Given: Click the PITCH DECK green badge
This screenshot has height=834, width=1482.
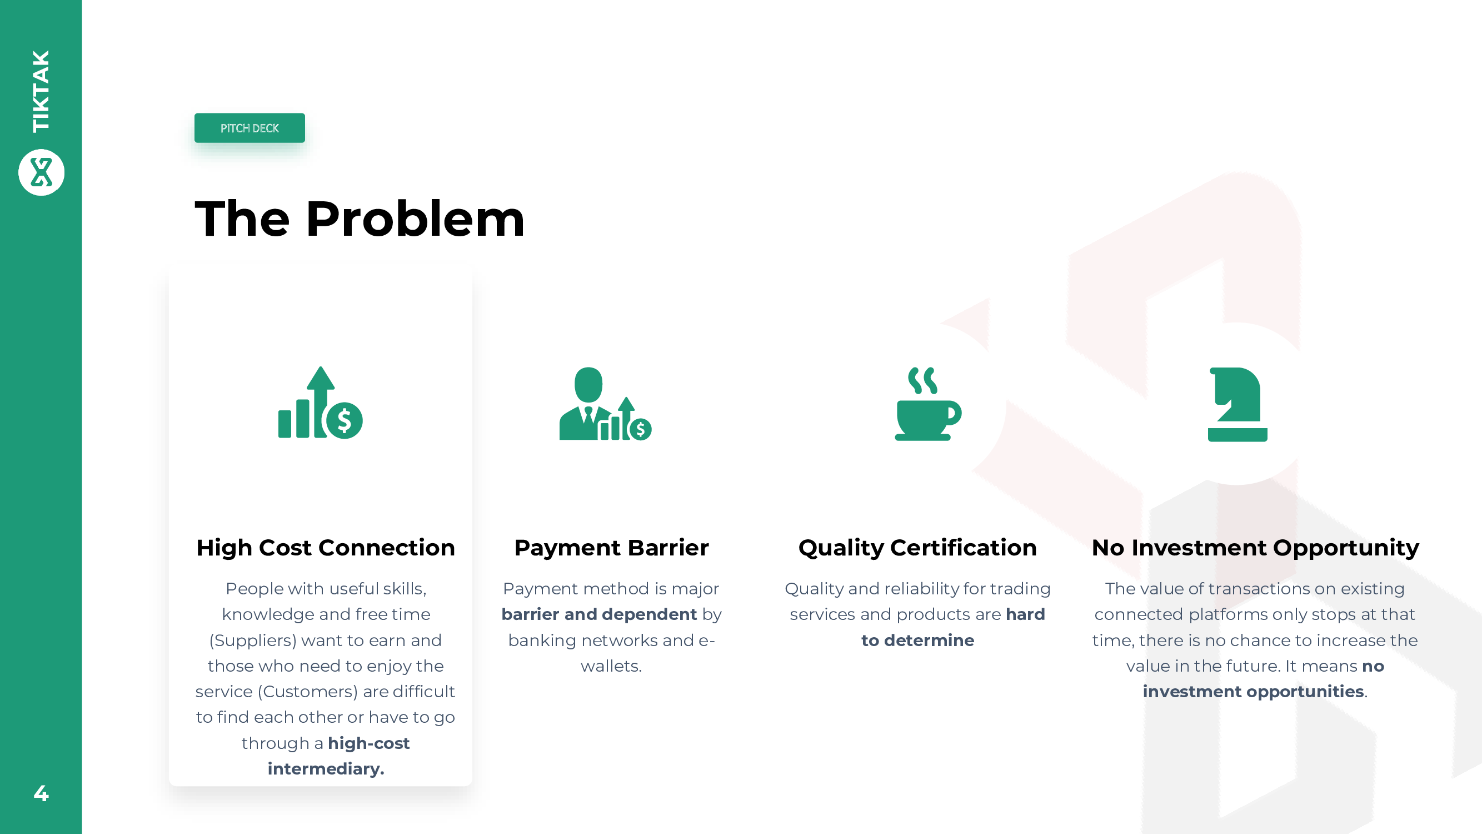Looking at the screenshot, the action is [250, 128].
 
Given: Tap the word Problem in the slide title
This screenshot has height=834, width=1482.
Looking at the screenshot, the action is [416, 219].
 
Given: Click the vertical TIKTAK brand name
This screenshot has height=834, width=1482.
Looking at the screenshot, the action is [42, 91].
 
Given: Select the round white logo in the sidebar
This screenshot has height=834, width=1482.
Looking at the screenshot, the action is [42, 172].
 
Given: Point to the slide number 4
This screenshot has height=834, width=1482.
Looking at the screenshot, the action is [41, 793].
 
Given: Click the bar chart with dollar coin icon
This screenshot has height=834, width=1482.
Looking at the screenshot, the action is [321, 403].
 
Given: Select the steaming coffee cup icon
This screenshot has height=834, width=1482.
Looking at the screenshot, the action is [928, 404].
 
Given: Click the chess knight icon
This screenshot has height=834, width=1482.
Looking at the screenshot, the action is [1238, 405].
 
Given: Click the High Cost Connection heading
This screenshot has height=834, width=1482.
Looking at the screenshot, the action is [326, 547].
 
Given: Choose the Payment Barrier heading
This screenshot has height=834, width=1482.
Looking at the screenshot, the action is [612, 547].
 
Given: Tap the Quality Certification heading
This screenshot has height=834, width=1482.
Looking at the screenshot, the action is [917, 547].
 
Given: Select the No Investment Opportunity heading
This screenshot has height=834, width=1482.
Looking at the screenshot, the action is [1255, 547].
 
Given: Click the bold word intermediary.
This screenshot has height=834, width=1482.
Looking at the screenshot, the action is [326, 769].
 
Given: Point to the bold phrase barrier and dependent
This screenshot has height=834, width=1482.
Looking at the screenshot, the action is [599, 614].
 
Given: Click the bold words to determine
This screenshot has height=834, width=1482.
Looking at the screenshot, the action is [917, 640].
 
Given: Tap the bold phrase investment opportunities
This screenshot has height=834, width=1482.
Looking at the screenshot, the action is [1254, 691].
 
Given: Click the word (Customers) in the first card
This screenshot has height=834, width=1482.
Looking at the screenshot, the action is [308, 691].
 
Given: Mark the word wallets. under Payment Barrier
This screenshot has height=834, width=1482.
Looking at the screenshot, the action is [611, 666].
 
